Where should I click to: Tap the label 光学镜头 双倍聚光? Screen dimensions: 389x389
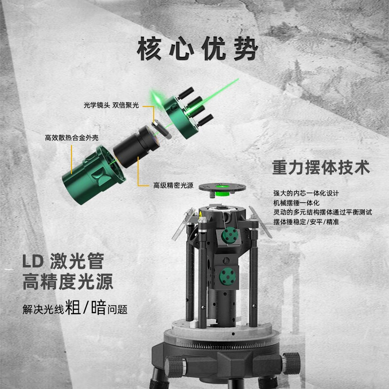tap(110, 105)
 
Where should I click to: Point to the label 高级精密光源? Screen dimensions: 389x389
tap(173, 185)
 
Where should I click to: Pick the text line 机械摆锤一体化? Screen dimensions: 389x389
tap(298, 202)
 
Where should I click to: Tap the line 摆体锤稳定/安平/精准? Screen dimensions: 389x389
tap(306, 221)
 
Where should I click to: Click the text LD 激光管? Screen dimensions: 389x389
tap(63, 263)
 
